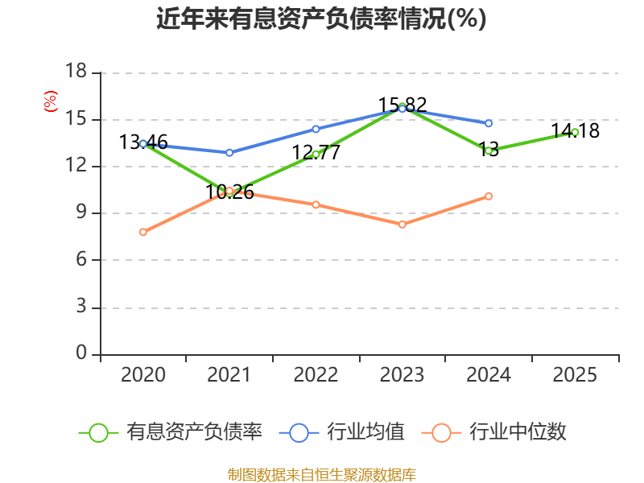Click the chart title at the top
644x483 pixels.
[x=321, y=19]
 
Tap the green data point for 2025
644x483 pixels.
[x=575, y=132]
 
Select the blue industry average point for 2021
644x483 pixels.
[x=229, y=153]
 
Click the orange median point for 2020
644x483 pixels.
[x=143, y=232]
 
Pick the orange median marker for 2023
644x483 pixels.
[x=402, y=225]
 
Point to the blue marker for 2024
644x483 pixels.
[x=489, y=123]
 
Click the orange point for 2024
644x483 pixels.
[x=489, y=196]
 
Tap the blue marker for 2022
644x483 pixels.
[x=316, y=129]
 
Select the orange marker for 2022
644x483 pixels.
[x=316, y=204]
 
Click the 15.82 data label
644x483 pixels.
[x=402, y=105]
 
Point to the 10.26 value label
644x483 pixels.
[x=229, y=192]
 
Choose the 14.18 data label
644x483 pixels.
[x=575, y=130]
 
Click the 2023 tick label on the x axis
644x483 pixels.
[x=402, y=374]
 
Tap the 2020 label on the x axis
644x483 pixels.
[x=143, y=374]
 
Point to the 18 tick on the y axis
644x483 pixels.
[x=76, y=71]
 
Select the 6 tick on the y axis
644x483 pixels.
[x=81, y=259]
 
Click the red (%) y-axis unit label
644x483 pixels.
[x=51, y=101]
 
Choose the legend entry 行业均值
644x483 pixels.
[x=341, y=431]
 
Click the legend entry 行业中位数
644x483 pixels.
[x=494, y=431]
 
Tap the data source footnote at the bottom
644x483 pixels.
[x=322, y=474]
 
